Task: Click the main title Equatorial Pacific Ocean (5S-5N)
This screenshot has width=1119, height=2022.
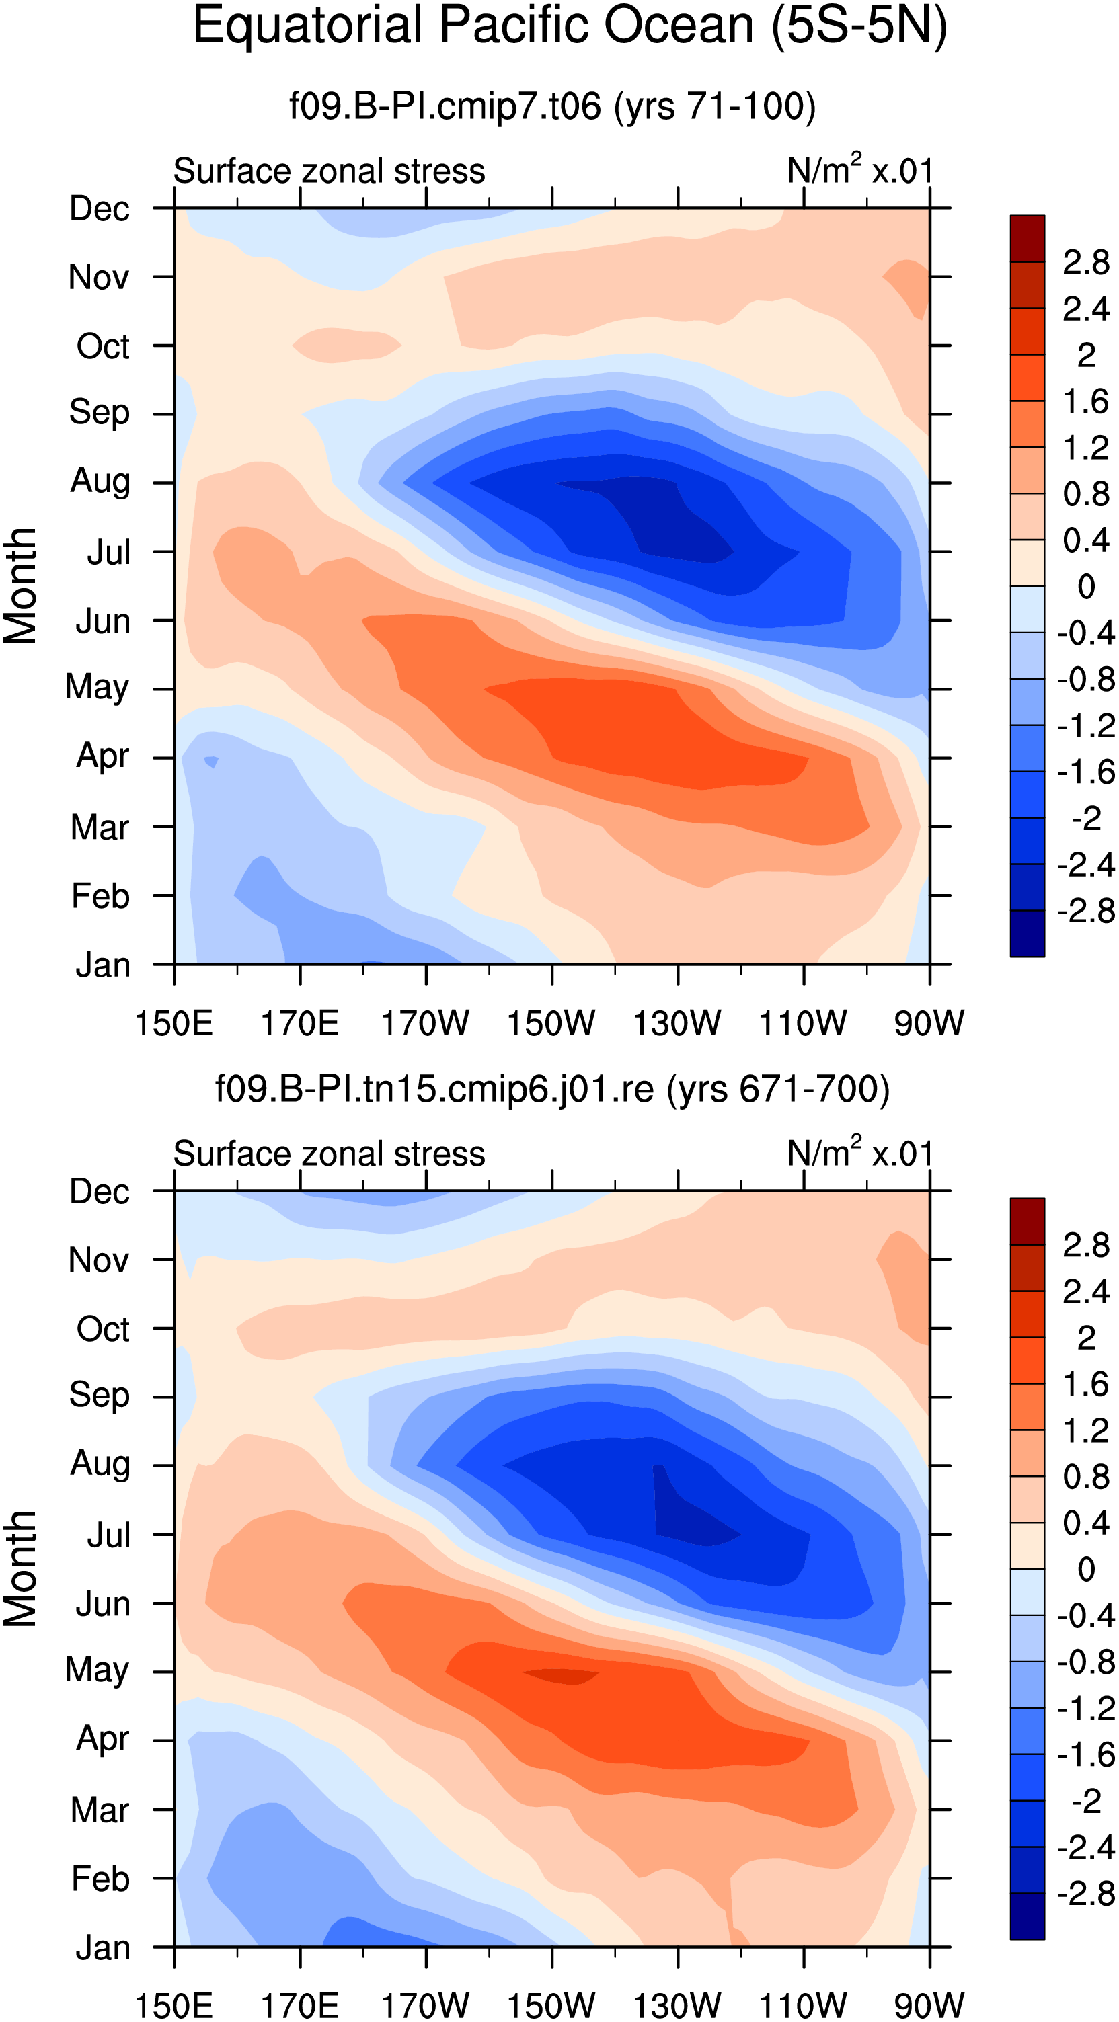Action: point(570,27)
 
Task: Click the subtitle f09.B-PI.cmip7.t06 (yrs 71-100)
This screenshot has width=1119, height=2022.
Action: point(553,106)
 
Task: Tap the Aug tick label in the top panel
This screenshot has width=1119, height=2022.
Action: point(100,482)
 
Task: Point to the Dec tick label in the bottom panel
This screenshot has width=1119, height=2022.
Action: point(99,1192)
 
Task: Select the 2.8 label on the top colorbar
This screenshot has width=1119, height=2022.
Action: point(1086,263)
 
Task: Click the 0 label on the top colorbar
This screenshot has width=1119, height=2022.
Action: point(1086,586)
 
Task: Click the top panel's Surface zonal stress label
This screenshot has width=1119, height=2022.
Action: point(329,171)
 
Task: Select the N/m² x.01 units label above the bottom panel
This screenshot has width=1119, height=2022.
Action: point(861,1152)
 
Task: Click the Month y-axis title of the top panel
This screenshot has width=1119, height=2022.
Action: point(20,585)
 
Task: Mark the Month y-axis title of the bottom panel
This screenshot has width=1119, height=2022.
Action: point(20,1569)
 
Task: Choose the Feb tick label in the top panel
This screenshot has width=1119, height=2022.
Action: point(100,895)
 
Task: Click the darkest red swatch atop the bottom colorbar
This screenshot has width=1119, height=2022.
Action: point(1027,1221)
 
